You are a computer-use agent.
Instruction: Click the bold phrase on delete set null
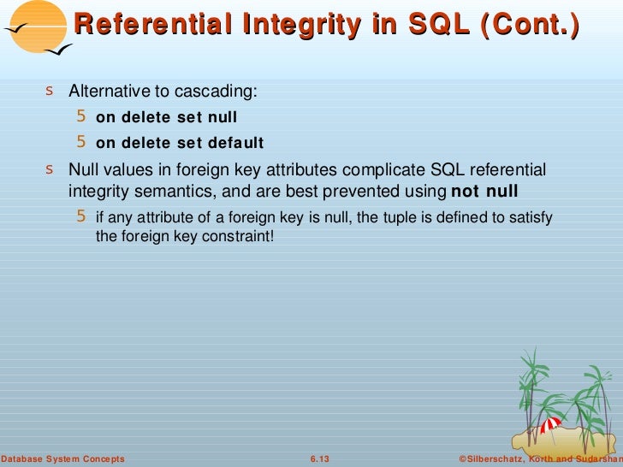[x=166, y=117]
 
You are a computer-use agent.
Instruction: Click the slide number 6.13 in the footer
[x=318, y=459]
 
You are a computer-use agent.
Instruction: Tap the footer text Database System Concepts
[x=62, y=459]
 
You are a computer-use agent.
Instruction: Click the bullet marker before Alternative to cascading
[x=51, y=92]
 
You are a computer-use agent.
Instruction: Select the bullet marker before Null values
[x=51, y=169]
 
